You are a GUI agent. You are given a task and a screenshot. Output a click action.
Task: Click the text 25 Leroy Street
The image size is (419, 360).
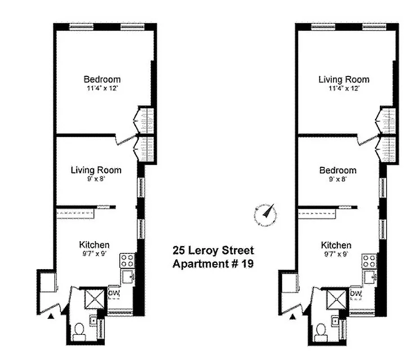pyautogui.click(x=213, y=250)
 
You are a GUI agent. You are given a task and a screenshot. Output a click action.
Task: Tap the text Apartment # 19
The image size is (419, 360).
pyautogui.click(x=213, y=264)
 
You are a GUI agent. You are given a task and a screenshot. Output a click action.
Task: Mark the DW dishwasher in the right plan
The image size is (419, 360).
pyautogui.click(x=356, y=294)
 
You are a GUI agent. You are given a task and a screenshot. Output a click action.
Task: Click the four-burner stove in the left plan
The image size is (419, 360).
pyautogui.click(x=127, y=260)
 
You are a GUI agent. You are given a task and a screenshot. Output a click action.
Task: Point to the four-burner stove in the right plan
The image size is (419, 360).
pyautogui.click(x=369, y=260)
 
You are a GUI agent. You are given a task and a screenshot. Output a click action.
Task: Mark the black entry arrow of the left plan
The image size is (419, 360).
pyautogui.click(x=51, y=316)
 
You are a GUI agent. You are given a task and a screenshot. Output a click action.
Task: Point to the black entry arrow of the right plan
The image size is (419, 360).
pyautogui.click(x=293, y=316)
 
